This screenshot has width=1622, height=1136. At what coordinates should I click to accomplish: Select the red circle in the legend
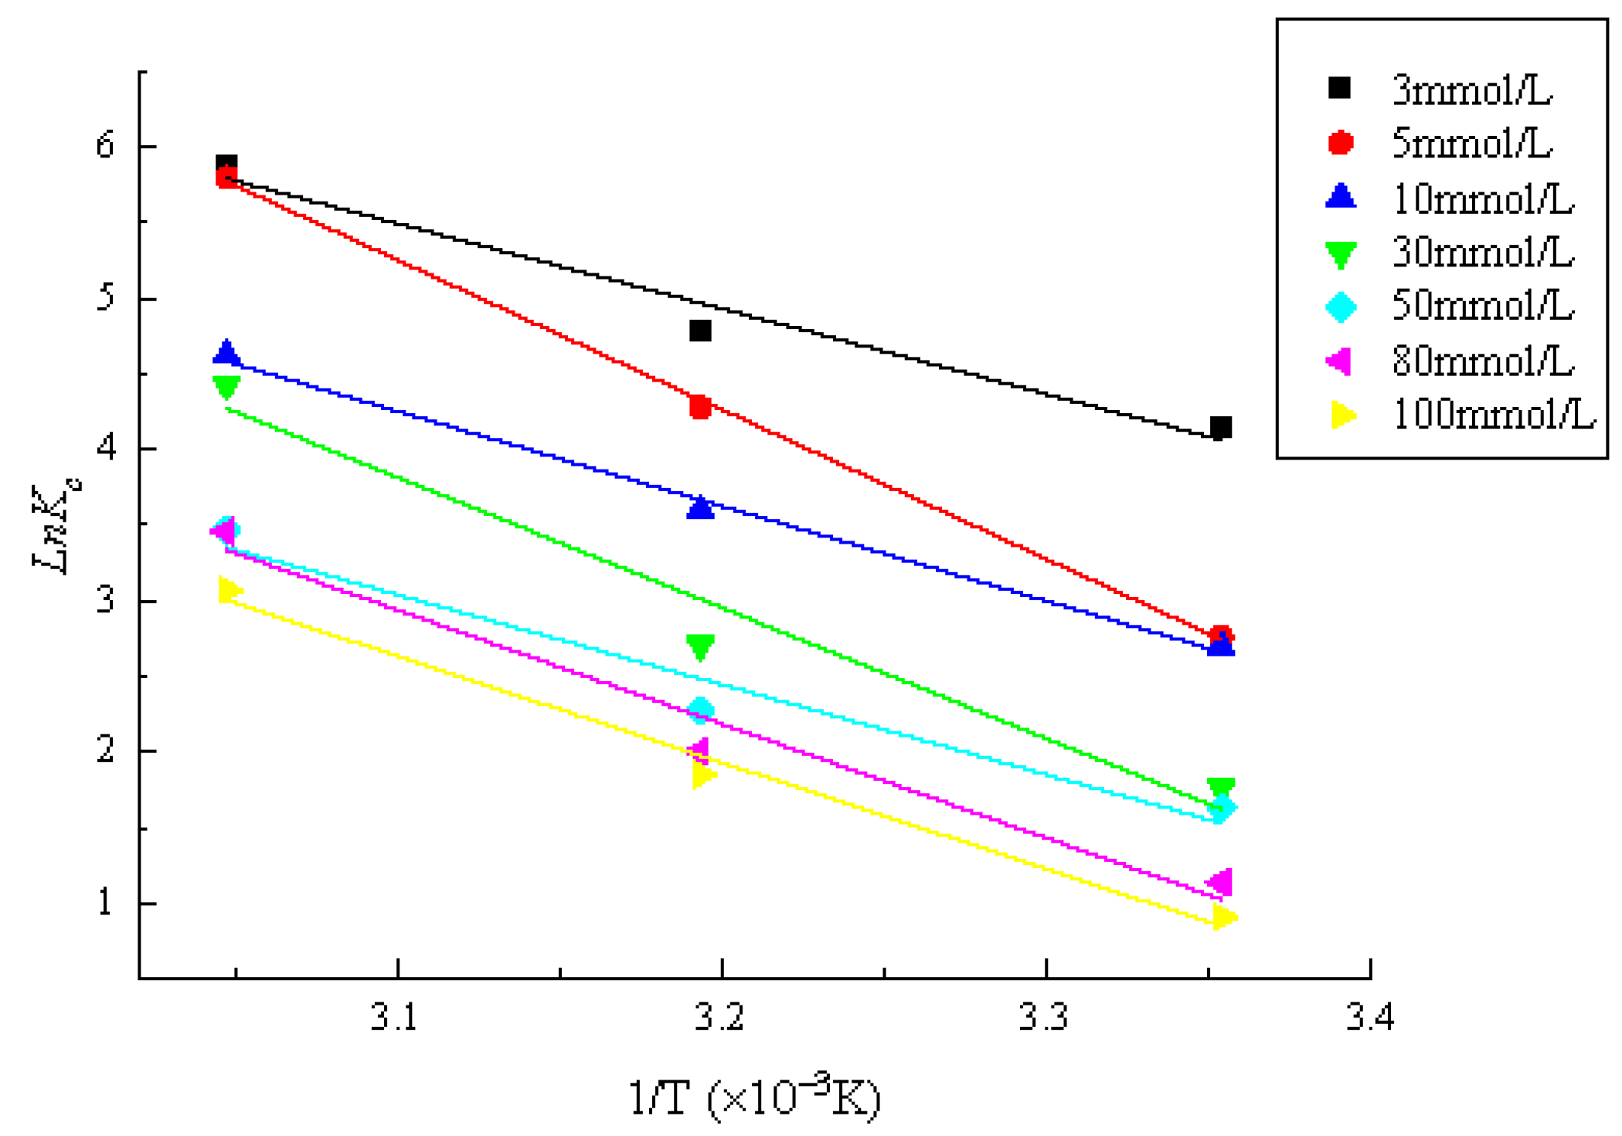point(1341,143)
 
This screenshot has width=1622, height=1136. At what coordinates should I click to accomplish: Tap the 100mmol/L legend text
point(1493,415)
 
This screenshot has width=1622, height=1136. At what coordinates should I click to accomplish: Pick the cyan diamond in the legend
point(1341,307)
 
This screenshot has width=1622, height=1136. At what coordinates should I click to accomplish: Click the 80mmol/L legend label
point(1482,361)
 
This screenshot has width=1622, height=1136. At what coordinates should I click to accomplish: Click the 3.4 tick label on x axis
point(1369,1018)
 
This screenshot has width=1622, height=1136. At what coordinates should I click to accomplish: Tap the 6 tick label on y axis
point(105,144)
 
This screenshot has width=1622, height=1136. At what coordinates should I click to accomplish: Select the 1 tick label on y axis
point(106,901)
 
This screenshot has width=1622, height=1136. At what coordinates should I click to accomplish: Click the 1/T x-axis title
point(753,1097)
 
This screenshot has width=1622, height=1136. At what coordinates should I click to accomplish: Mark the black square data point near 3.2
point(700,331)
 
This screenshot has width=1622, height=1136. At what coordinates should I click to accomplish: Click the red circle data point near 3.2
point(700,406)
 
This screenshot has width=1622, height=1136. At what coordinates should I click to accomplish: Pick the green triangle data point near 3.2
point(700,646)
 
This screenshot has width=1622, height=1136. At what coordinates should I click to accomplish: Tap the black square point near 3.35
point(1220,427)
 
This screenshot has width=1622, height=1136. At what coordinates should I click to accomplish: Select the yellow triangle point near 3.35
point(1223,917)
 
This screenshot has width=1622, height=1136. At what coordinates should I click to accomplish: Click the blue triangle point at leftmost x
point(226,352)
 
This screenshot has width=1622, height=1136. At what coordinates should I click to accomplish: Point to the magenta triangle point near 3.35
point(1220,882)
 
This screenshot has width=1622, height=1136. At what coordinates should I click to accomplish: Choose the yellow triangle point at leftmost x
point(229,591)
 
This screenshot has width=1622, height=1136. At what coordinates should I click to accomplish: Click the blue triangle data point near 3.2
point(700,507)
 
